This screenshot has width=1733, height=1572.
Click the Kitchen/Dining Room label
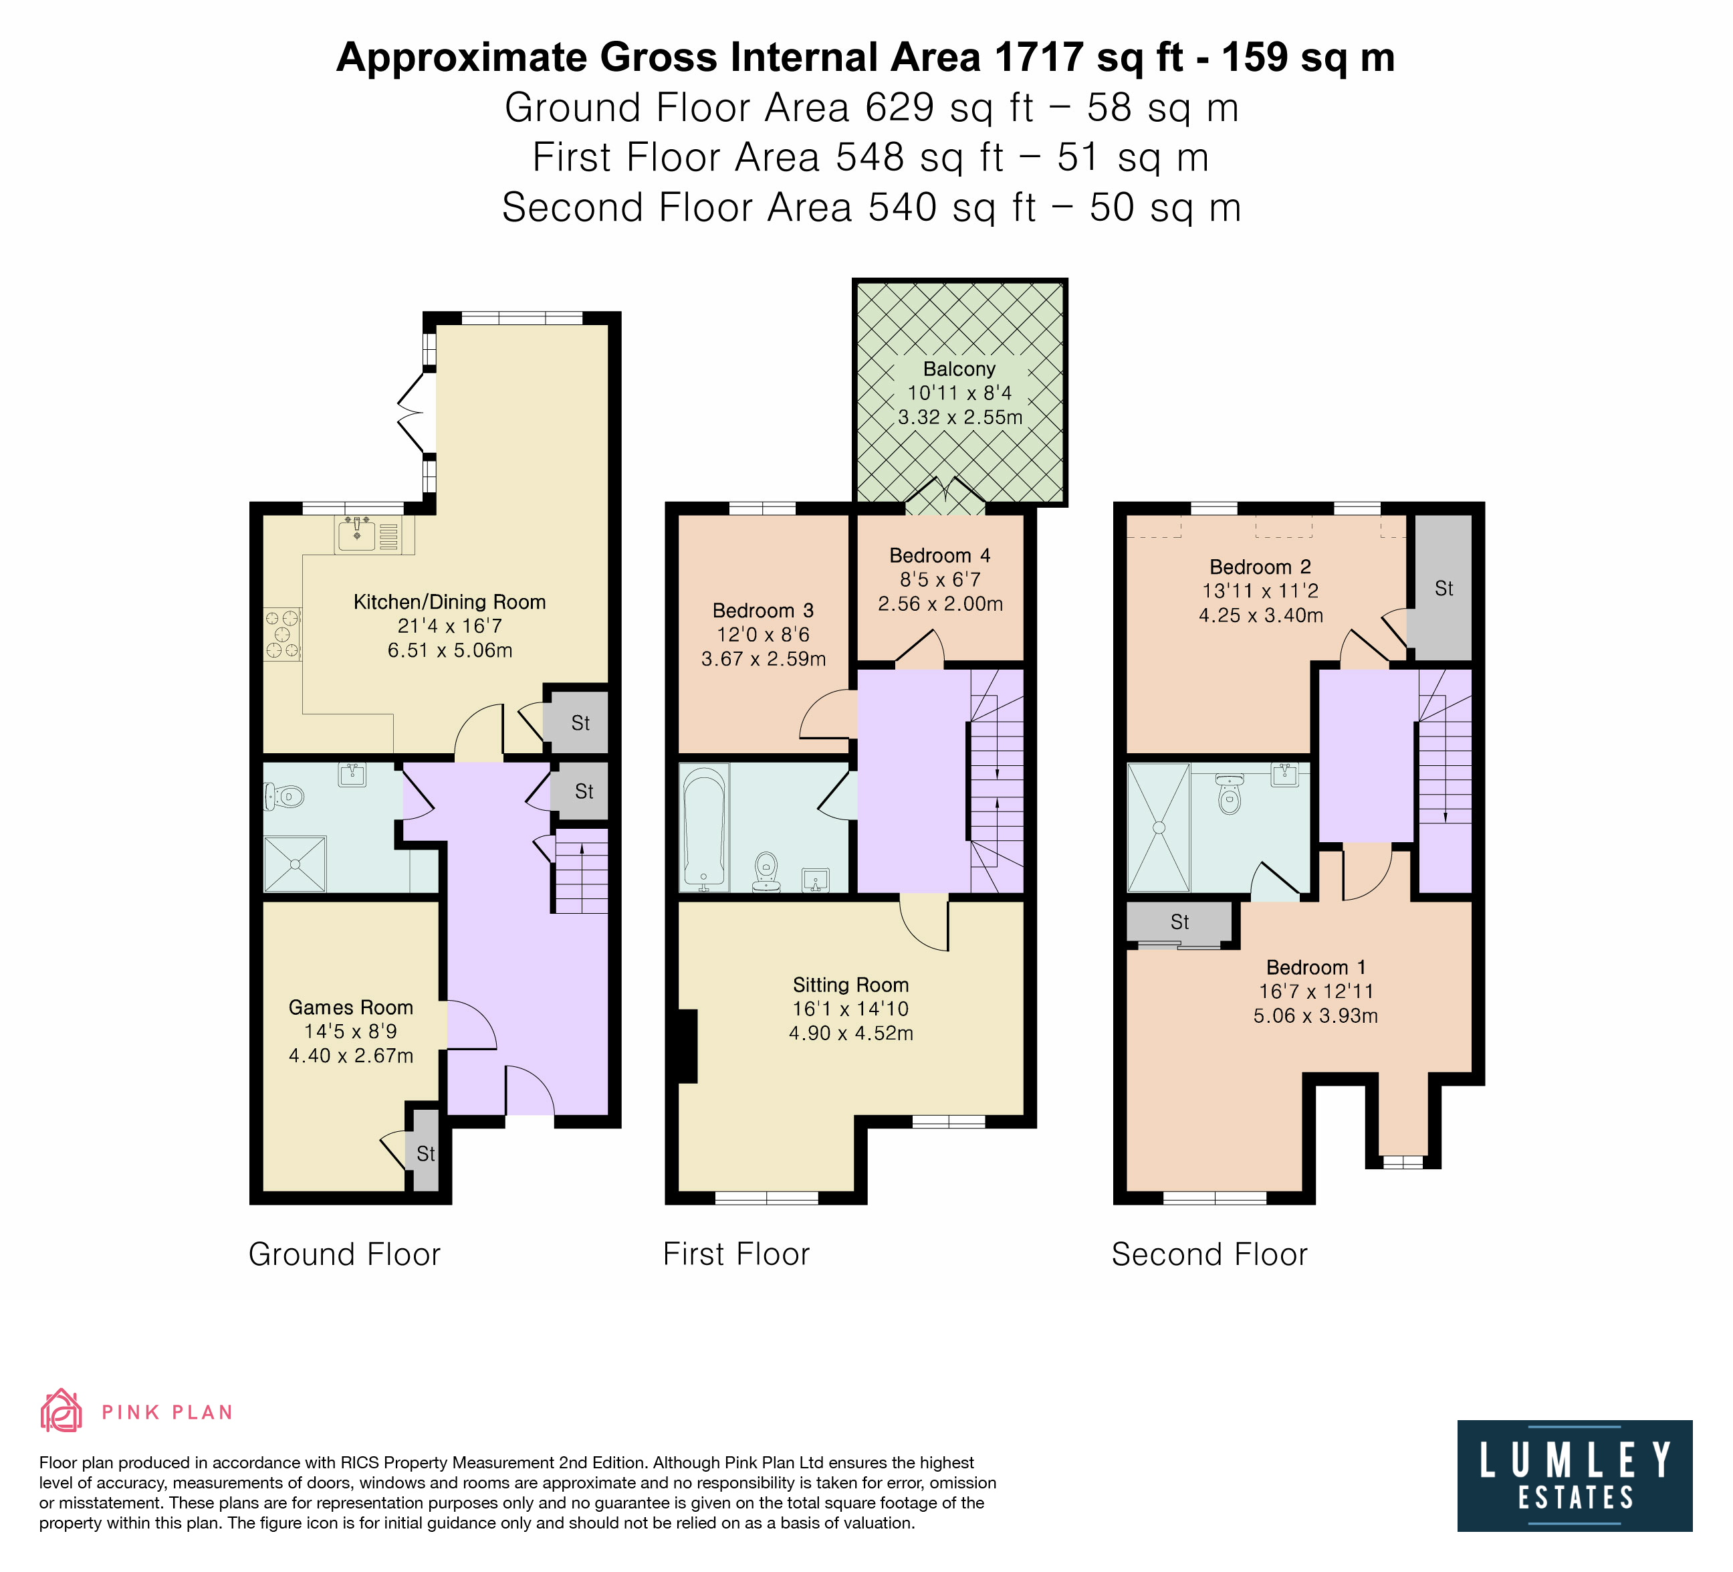449,602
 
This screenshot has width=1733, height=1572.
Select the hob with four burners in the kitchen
282,633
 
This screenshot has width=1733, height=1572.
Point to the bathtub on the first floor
704,827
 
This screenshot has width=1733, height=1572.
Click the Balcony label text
959,369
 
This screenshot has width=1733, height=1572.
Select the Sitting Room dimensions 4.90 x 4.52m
851,1033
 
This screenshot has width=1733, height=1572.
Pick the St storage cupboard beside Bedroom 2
1443,588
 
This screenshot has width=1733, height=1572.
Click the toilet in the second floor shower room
1230,794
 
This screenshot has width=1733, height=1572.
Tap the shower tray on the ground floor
295,864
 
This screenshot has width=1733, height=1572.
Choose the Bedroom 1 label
1316,967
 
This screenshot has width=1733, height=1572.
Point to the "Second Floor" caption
1209,1255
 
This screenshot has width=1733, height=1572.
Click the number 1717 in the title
1038,58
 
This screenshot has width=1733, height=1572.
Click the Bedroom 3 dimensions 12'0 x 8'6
764,635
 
